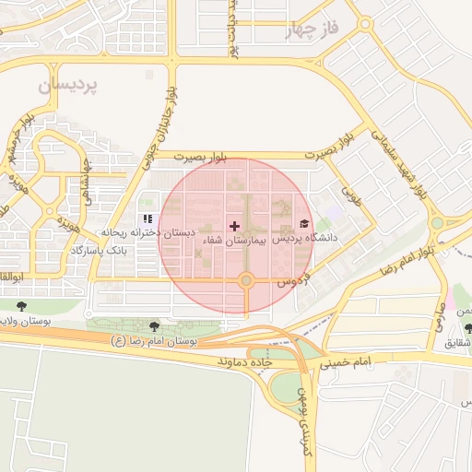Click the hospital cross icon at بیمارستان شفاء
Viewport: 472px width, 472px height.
click(x=234, y=226)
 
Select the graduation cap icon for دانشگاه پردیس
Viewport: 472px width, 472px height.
click(x=304, y=224)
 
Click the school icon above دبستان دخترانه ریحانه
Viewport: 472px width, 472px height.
click(x=147, y=218)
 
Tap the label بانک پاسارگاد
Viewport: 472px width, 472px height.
click(x=129, y=250)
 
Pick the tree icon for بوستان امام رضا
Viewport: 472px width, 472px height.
click(x=154, y=325)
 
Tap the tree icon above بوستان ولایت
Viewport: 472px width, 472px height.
click(x=22, y=306)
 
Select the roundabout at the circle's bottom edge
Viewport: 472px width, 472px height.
click(x=246, y=280)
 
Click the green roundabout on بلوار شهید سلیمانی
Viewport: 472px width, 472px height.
click(x=436, y=223)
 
